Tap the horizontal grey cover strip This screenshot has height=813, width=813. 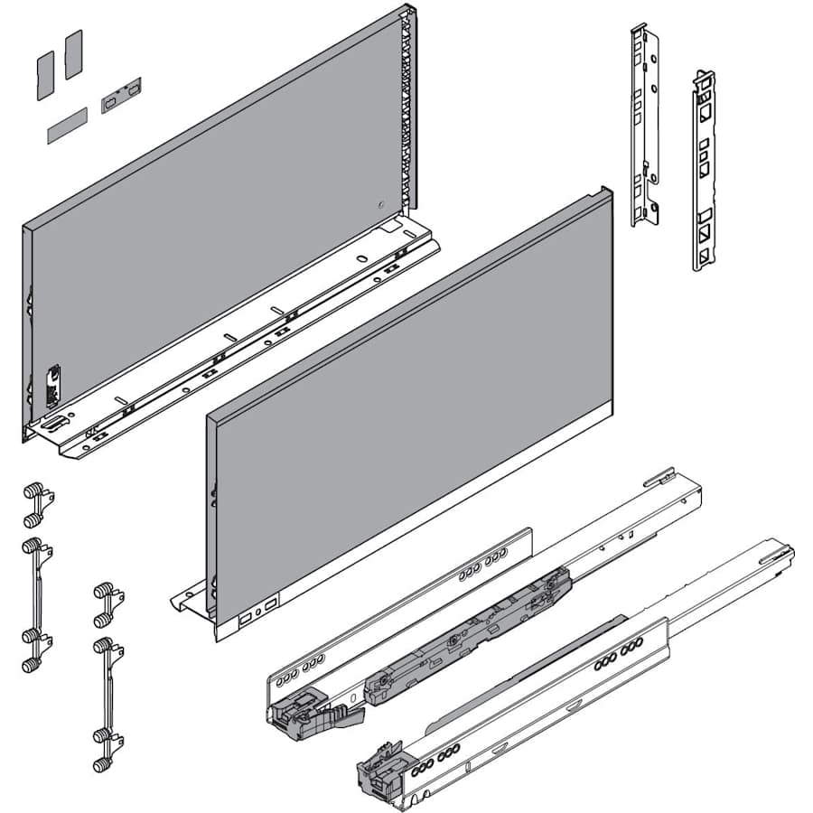point(67,126)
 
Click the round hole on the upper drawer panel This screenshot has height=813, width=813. point(380,204)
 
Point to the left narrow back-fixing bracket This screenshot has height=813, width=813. point(645,126)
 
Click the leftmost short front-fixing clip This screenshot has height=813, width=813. point(35,505)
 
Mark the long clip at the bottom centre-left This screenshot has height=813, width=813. point(107,705)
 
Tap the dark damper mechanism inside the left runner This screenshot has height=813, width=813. point(470,632)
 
